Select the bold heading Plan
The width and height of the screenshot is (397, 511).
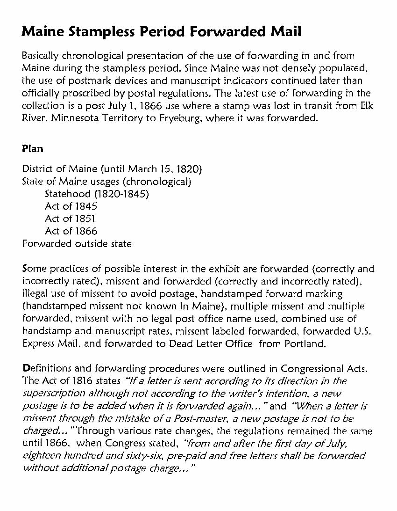pyautogui.click(x=33, y=149)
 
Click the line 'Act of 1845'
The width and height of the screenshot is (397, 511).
pyautogui.click(x=71, y=206)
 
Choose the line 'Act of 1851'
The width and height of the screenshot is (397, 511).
pyautogui.click(x=71, y=219)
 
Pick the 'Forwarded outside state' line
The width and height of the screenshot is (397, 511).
pyautogui.click(x=77, y=244)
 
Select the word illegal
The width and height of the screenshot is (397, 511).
pyautogui.click(x=35, y=294)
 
